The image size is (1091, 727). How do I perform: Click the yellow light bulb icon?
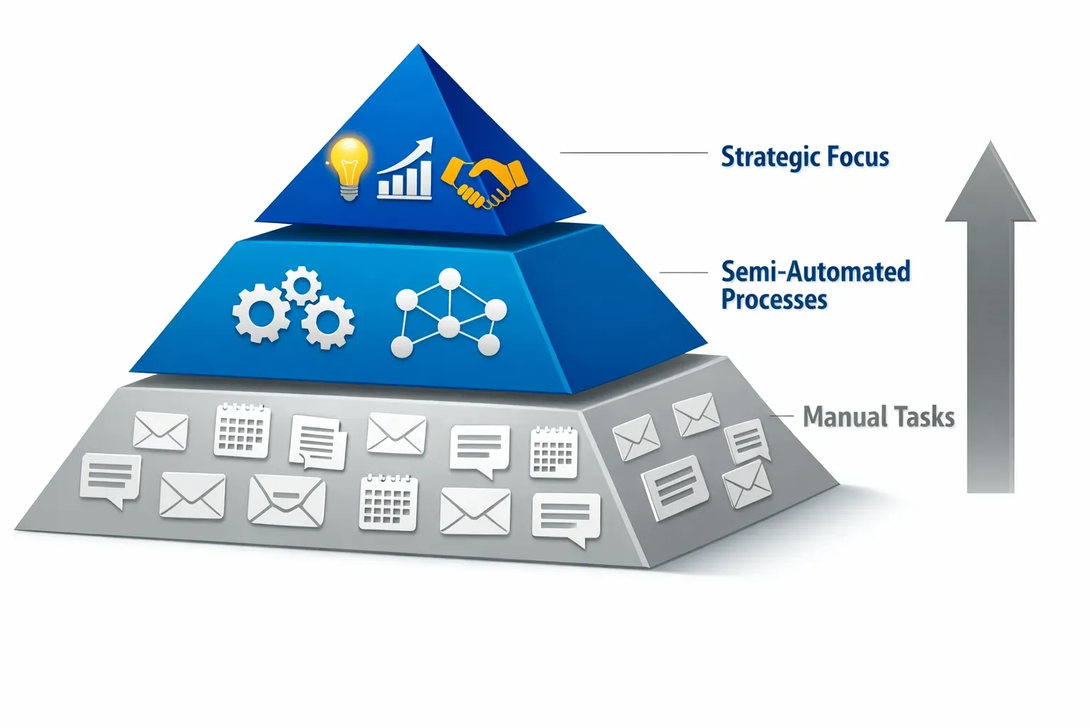(x=348, y=168)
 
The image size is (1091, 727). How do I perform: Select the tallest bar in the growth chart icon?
(x=425, y=177)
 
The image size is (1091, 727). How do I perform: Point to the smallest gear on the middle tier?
(x=301, y=285)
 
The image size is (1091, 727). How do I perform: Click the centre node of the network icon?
(x=449, y=327)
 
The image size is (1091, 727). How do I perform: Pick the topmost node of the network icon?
(x=450, y=279)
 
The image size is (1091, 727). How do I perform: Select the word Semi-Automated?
(x=816, y=272)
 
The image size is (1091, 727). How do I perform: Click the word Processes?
(x=774, y=299)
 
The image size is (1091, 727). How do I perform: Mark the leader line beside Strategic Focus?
(x=634, y=153)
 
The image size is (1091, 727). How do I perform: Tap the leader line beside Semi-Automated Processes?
(x=684, y=272)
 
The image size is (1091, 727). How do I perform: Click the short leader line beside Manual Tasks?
(x=782, y=416)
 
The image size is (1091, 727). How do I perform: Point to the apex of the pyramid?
(x=418, y=45)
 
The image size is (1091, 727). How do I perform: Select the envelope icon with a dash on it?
(x=286, y=501)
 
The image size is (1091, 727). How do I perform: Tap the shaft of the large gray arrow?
(x=990, y=357)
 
